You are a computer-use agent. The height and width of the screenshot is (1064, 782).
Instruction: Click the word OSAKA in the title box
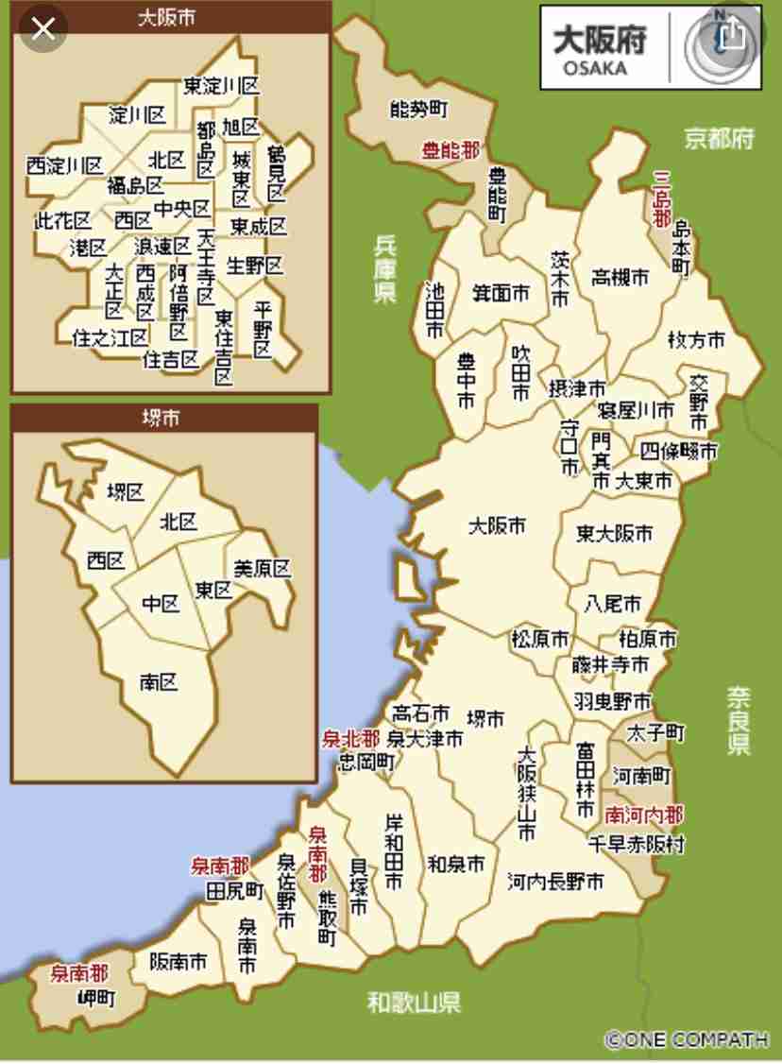[595, 69]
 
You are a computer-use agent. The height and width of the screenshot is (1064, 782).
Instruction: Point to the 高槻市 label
[620, 278]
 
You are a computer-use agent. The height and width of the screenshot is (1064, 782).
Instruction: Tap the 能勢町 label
[418, 110]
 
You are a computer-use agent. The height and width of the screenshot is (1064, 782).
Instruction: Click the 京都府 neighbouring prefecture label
[720, 139]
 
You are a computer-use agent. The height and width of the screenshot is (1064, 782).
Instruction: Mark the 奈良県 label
[739, 720]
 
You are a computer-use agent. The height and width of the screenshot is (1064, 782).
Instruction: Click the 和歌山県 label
[415, 1002]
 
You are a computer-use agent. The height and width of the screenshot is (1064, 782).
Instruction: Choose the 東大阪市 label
[615, 534]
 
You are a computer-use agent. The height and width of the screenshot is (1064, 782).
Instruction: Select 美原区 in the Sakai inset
[262, 569]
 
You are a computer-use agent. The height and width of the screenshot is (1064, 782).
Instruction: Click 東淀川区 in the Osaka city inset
[221, 86]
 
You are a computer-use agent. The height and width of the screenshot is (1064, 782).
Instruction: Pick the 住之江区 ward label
[110, 337]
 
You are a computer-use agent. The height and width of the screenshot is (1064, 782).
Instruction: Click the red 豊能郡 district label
[450, 150]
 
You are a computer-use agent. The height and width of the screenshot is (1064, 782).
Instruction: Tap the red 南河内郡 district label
[644, 814]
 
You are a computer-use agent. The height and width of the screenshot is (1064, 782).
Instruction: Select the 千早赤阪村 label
[637, 844]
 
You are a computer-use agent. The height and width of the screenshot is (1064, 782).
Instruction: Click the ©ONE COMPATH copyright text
[687, 1039]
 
